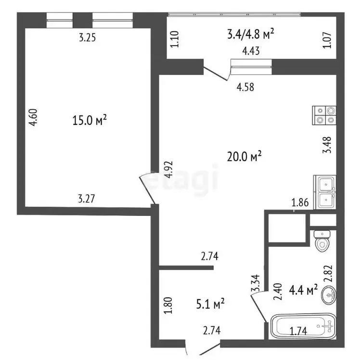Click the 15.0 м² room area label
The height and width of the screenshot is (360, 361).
(x=90, y=120)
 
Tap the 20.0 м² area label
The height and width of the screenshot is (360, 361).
(x=244, y=156)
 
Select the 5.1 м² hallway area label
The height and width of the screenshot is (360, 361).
(x=210, y=304)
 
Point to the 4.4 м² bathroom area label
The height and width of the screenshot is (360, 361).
(x=303, y=290)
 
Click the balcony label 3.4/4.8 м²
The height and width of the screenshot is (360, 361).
(x=251, y=34)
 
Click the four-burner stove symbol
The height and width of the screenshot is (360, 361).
(x=324, y=116)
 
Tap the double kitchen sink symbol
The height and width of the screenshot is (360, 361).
(x=325, y=192)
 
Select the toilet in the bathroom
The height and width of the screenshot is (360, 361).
(x=322, y=241)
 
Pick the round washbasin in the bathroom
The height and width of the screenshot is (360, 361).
(x=329, y=295)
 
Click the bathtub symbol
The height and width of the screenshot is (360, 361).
(x=303, y=326)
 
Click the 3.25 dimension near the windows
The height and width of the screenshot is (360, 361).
(x=87, y=38)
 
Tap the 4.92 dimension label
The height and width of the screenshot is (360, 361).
(x=168, y=170)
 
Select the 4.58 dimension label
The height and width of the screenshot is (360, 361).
(x=245, y=87)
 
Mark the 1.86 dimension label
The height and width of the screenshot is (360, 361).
(x=300, y=203)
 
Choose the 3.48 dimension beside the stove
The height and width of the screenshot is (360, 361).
(x=327, y=145)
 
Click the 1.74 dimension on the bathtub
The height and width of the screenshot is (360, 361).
(x=298, y=331)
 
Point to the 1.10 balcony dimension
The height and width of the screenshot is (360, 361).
(x=175, y=39)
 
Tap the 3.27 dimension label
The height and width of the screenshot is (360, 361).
(x=86, y=199)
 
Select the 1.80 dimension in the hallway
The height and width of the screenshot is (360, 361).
(x=168, y=306)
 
